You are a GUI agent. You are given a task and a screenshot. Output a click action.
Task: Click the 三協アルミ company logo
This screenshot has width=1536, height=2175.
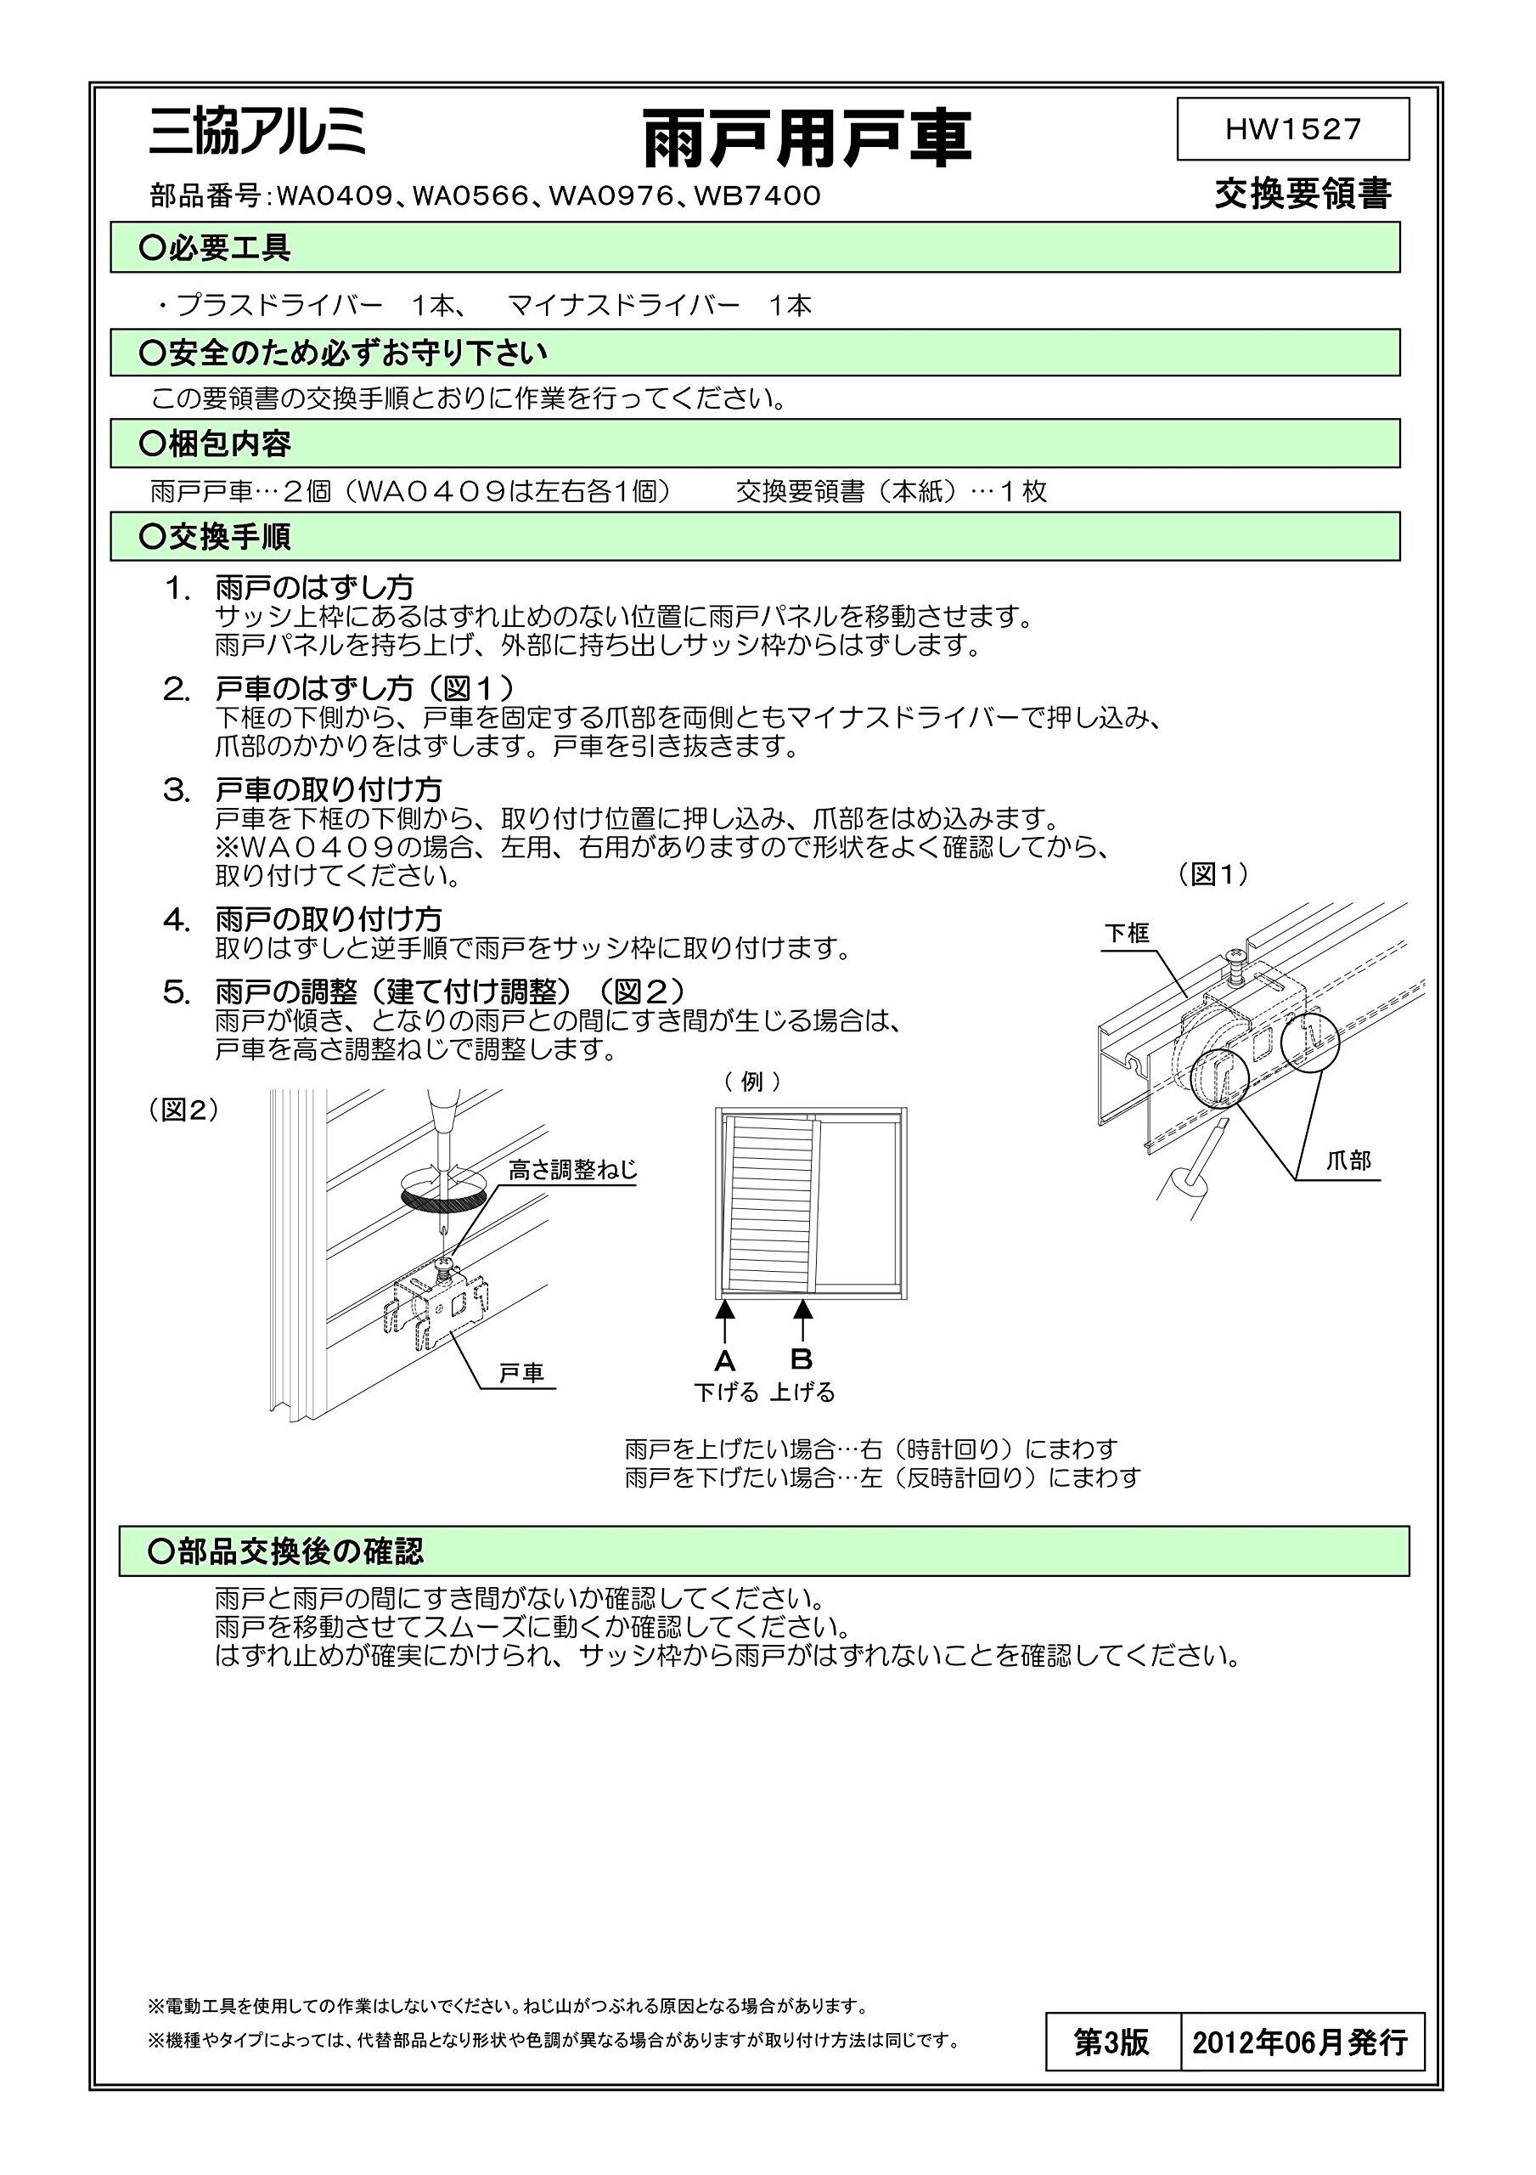pyautogui.click(x=256, y=133)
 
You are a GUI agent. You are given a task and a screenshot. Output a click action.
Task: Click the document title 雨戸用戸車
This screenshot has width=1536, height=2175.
pyautogui.click(x=807, y=138)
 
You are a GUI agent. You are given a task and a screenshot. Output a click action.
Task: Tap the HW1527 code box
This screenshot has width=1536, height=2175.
pyautogui.click(x=1291, y=129)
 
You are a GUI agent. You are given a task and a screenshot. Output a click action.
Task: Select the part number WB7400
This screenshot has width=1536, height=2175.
pyautogui.click(x=757, y=196)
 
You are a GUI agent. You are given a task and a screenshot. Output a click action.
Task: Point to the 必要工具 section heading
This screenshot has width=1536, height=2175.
pyautogui.click(x=216, y=248)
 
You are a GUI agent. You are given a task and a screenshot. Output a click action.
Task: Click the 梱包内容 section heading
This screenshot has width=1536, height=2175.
pyautogui.click(x=216, y=443)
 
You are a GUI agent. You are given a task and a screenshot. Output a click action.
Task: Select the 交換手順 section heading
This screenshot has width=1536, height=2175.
pyautogui.click(x=216, y=537)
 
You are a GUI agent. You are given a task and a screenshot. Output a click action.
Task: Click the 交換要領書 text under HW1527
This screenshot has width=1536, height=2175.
pyautogui.click(x=1303, y=195)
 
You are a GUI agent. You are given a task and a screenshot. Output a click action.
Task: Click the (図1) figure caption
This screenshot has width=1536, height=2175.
pyautogui.click(x=1213, y=874)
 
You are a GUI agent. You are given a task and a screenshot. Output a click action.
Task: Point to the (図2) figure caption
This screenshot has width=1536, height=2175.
pyautogui.click(x=183, y=1110)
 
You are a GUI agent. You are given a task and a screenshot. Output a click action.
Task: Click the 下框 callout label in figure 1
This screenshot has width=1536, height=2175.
pyautogui.click(x=1127, y=933)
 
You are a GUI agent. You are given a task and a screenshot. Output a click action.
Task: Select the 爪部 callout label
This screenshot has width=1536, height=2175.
pyautogui.click(x=1348, y=1161)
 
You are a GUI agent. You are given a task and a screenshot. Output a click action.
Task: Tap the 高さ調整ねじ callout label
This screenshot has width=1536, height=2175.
pyautogui.click(x=573, y=1170)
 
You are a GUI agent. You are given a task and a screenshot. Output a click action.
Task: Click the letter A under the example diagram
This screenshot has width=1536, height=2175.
pyautogui.click(x=724, y=1361)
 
